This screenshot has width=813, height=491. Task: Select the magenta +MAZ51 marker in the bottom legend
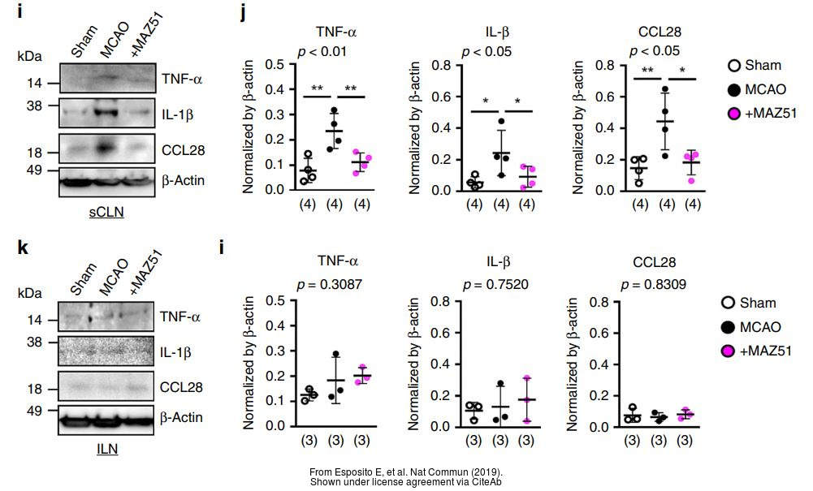point(729,351)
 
